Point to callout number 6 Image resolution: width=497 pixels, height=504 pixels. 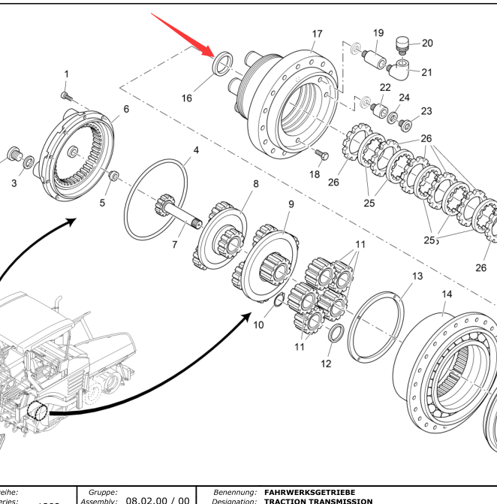[x=125, y=109]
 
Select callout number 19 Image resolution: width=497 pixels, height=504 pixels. [x=378, y=33]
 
